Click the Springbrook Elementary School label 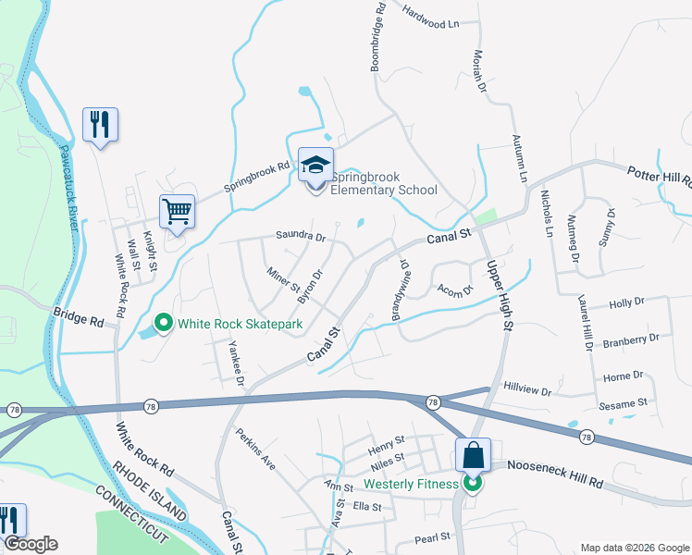(384, 183)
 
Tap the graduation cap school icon (315, 166)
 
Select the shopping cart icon (177, 211)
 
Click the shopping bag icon (473, 455)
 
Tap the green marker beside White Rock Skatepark (165, 323)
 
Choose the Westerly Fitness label (411, 484)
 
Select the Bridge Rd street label (79, 317)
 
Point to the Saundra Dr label (301, 237)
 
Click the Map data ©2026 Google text (635, 547)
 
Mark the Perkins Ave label (255, 449)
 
